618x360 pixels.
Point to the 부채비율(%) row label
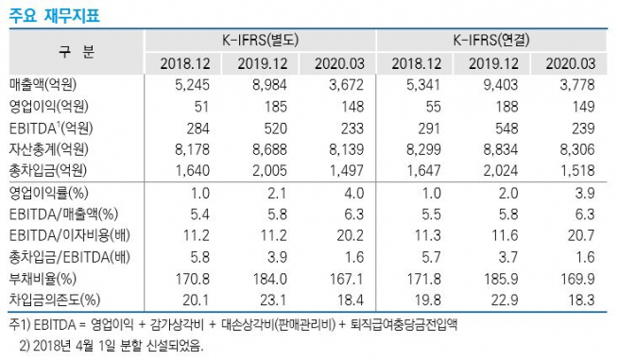[43, 280]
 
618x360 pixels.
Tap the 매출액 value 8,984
[266, 84]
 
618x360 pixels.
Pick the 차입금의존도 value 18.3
[575, 300]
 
